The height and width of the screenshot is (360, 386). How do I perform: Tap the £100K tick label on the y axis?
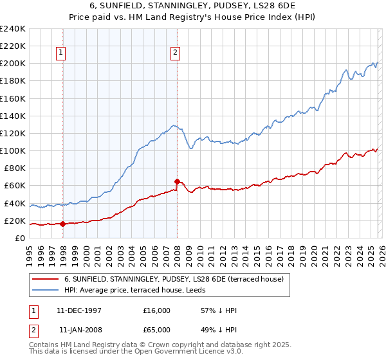click(x=12, y=150)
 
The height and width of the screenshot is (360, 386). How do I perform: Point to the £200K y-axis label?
click(x=12, y=63)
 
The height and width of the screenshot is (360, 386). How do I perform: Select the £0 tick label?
click(x=21, y=238)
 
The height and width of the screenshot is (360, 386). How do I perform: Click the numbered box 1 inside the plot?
click(x=61, y=53)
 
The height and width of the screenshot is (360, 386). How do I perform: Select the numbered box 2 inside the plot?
click(x=175, y=53)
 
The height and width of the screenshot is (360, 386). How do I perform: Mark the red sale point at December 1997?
click(x=63, y=224)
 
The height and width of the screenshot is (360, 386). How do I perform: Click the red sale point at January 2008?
click(x=177, y=181)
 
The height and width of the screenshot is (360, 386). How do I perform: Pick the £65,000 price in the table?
click(x=157, y=330)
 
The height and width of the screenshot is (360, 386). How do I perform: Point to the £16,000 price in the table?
click(x=157, y=310)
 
